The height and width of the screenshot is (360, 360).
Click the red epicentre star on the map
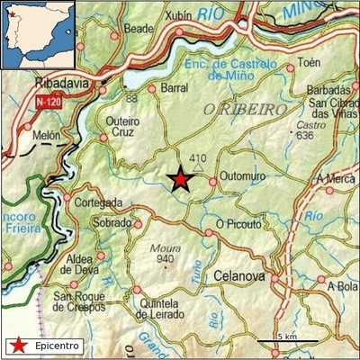[181, 180]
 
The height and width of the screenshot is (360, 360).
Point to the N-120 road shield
[50, 103]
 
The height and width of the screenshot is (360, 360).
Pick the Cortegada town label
[97, 202]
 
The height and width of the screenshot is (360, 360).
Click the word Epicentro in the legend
[58, 345]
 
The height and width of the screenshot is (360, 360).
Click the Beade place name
[139, 29]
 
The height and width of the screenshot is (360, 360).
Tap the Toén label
[308, 63]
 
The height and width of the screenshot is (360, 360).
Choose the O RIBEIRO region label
[245, 109]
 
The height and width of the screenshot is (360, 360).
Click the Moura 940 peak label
[164, 253]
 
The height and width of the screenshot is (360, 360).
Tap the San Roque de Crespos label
[90, 301]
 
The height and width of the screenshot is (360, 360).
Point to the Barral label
[174, 88]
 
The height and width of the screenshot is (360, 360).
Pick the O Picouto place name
[238, 223]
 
